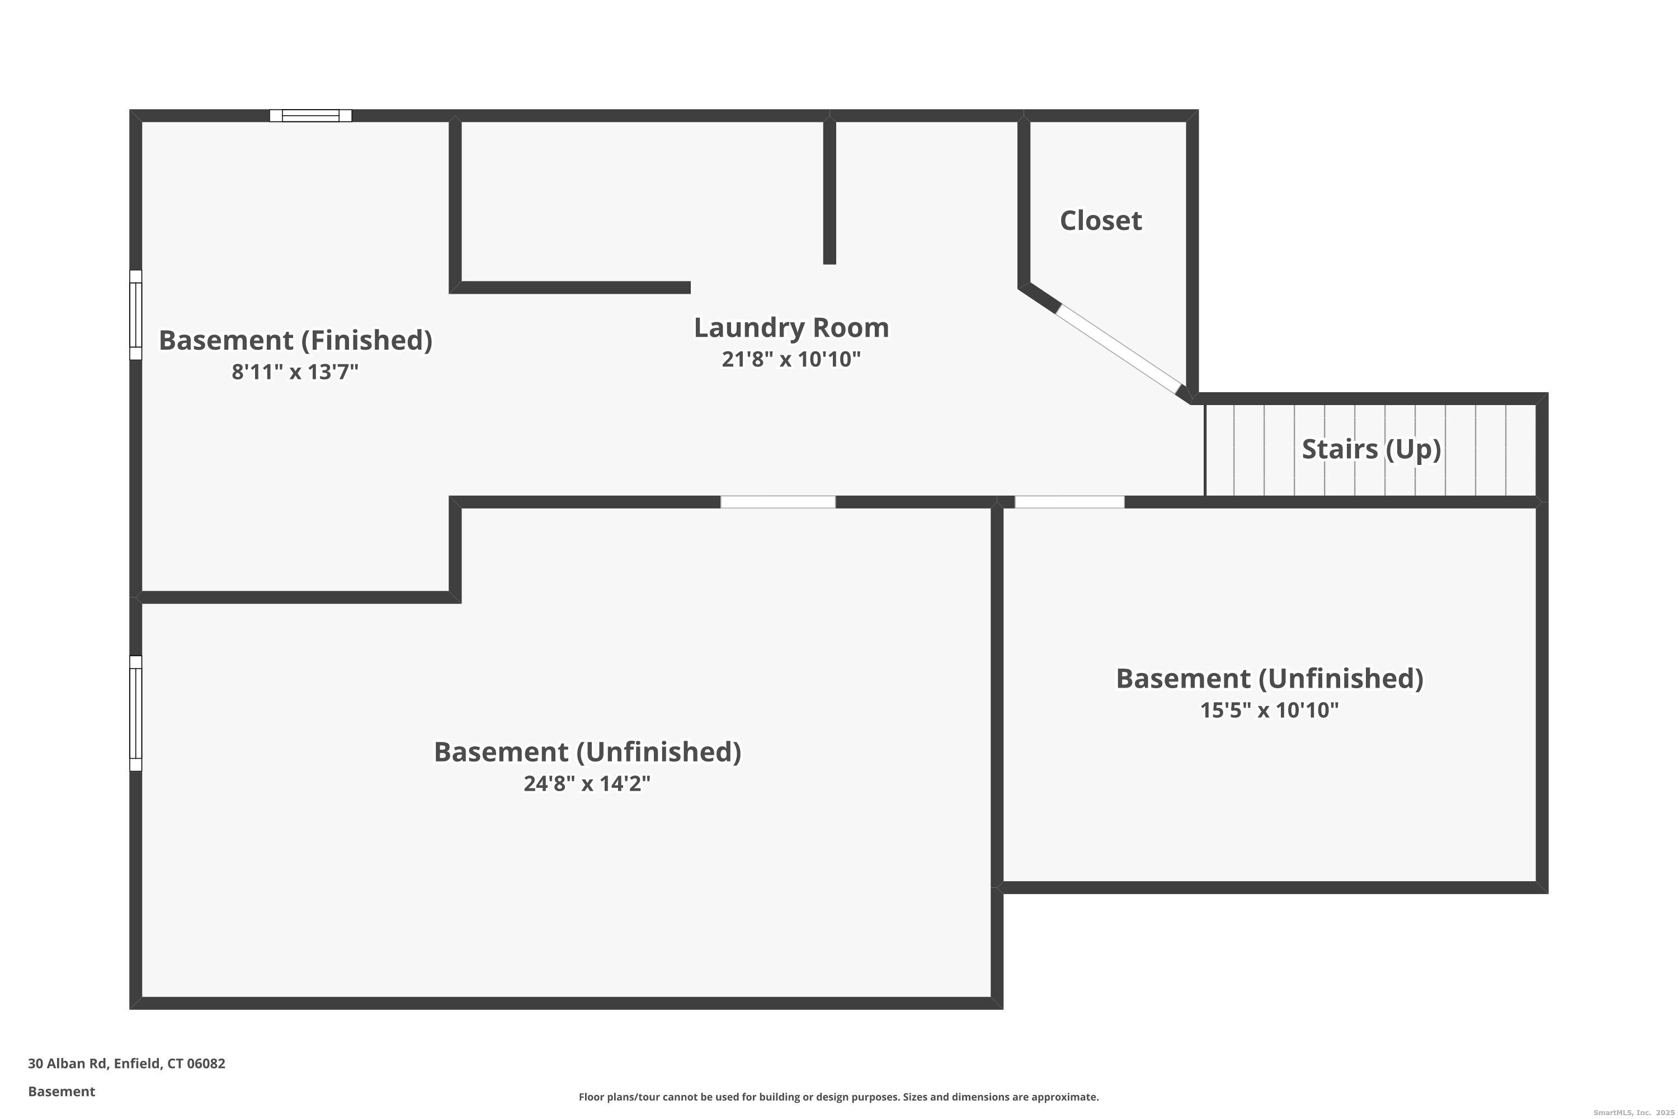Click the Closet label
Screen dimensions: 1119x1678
point(1100,220)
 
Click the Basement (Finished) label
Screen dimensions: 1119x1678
point(295,340)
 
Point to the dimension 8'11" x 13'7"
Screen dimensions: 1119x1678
point(295,372)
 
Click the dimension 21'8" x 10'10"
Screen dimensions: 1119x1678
point(791,359)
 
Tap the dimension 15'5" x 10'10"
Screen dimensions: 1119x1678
point(1269,710)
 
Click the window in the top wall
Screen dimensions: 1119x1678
point(310,116)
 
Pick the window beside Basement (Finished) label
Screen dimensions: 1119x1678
point(135,314)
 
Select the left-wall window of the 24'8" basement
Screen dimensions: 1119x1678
point(135,713)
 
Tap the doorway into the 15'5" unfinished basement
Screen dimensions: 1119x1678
point(1069,502)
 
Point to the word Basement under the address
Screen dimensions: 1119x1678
point(62,1091)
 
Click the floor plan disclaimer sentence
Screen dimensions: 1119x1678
point(838,1097)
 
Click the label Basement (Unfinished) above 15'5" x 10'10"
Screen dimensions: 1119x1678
point(1269,678)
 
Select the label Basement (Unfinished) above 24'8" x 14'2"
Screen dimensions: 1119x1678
point(587,751)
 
